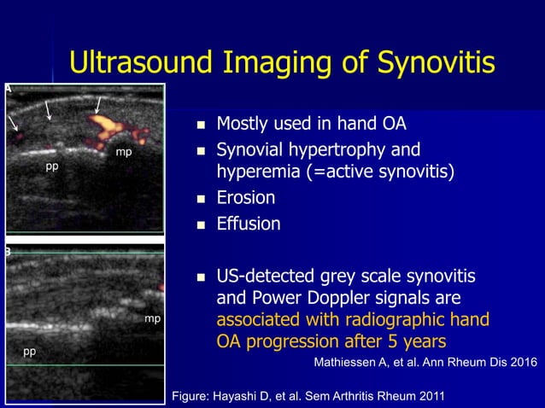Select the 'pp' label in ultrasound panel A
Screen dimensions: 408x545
pos(52,166)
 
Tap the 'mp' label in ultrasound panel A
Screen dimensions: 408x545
pos(124,152)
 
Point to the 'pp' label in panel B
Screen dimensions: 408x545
pos(30,351)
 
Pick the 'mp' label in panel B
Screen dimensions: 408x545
pos(152,318)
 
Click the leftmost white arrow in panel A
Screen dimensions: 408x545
pos(14,123)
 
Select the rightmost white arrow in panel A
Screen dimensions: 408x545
pos(99,105)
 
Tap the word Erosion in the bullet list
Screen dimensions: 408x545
pos(245,198)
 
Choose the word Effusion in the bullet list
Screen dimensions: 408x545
pos(248,224)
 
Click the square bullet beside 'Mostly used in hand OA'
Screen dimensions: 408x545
pos(202,125)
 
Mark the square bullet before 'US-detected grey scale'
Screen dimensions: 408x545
pos(202,277)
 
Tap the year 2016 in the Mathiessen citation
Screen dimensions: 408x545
pos(521,363)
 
